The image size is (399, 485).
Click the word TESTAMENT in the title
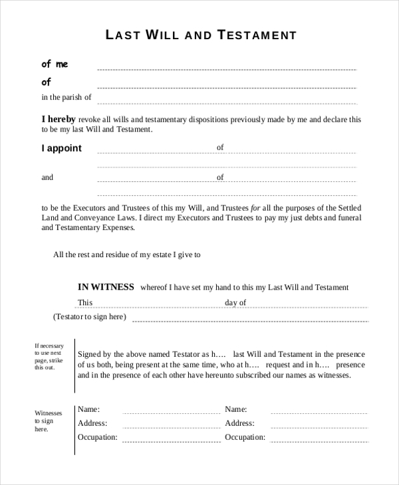coord(257,35)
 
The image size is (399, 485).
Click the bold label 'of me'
coord(55,64)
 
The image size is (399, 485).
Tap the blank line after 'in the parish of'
coord(226,103)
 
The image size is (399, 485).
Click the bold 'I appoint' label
coord(62,148)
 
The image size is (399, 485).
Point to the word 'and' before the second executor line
coord(47,177)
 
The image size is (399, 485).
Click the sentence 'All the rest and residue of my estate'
coord(126,254)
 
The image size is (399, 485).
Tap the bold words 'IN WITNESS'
coord(106,287)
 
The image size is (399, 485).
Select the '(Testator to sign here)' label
coord(89,317)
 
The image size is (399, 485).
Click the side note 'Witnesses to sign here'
coord(48,421)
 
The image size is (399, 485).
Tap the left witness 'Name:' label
coord(88,409)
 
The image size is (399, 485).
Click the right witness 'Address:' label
coord(239,423)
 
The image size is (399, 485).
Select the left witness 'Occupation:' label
coord(98,437)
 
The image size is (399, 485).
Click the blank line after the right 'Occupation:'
coord(318,442)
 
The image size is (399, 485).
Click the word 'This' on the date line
coord(85,303)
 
